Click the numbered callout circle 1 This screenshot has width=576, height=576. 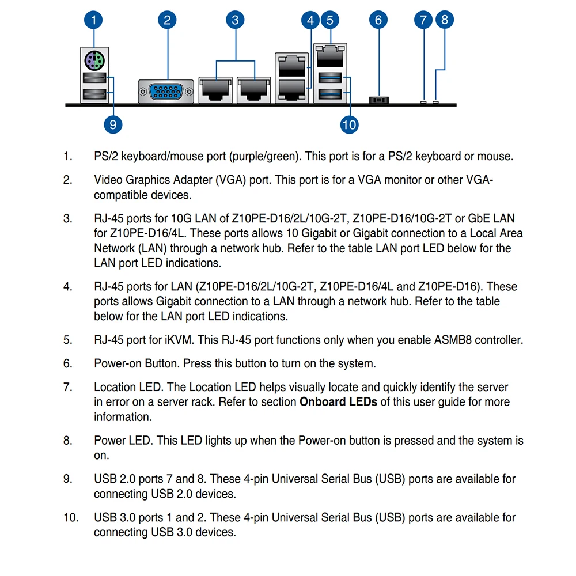coord(93,21)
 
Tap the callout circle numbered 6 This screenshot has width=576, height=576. coord(378,21)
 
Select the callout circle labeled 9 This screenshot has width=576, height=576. coord(113,124)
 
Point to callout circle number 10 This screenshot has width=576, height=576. coord(349,124)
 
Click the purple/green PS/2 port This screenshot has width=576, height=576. coord(93,59)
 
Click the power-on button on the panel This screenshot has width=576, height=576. coord(378,100)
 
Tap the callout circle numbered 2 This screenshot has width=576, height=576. coord(167,21)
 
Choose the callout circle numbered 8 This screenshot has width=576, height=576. coord(444,21)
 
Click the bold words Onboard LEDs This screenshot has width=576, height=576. coord(338,402)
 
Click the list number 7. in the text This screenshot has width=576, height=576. coord(68,387)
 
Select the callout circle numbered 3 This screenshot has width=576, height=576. coord(235,21)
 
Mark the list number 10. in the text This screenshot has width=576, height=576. coord(70,517)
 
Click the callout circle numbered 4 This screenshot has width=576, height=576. coord(310,21)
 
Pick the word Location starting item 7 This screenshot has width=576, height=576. coord(115,387)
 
